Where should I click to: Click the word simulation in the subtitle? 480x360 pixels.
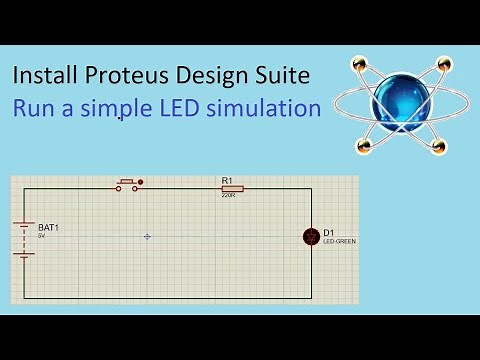click(x=273, y=109)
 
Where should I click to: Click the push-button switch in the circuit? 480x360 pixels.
click(x=128, y=184)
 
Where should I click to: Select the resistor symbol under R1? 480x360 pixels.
click(x=232, y=188)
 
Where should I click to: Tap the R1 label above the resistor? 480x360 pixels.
click(x=226, y=179)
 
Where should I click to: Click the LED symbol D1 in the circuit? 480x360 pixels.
click(x=311, y=236)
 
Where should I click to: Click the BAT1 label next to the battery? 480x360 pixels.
click(x=48, y=228)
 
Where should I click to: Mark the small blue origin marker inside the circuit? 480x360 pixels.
click(x=147, y=236)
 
